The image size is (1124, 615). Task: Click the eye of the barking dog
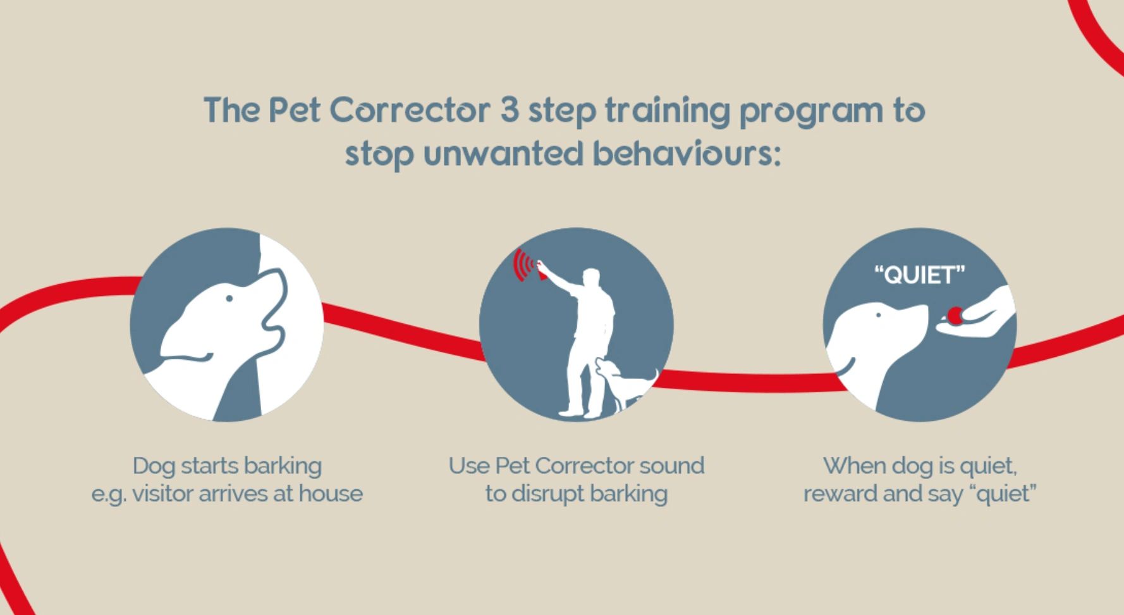pos(229,298)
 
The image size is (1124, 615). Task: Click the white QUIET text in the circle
pos(920,275)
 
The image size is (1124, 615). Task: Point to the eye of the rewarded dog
pos(878,314)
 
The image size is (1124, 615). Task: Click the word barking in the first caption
pos(283,466)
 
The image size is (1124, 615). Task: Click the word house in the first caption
pos(331,494)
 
